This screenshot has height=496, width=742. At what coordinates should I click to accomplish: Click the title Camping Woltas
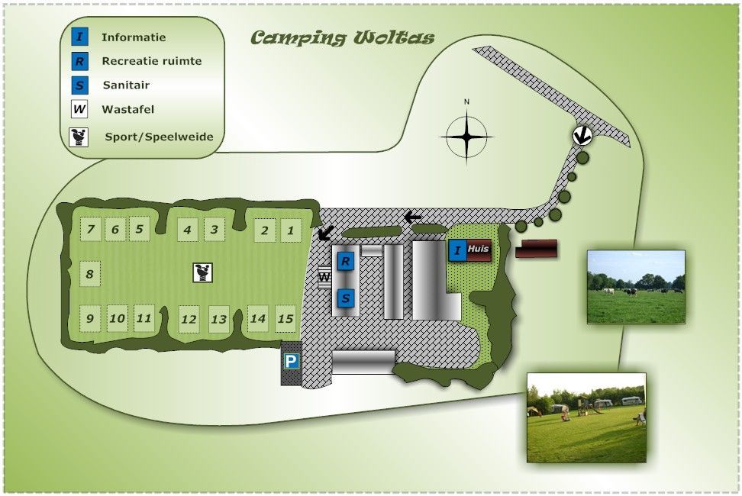pyautogui.click(x=342, y=38)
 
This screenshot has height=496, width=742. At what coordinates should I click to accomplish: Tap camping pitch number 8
pyautogui.click(x=90, y=274)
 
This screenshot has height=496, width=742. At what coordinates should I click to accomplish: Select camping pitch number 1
pyautogui.click(x=289, y=230)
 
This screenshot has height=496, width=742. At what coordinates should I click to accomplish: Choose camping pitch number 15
pyautogui.click(x=286, y=318)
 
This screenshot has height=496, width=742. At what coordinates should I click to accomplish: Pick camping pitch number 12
pyautogui.click(x=189, y=320)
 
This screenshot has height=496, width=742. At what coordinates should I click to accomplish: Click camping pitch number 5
pyautogui.click(x=139, y=228)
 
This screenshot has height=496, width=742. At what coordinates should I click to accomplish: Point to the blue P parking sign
pyautogui.click(x=291, y=362)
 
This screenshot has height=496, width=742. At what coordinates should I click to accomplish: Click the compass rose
pyautogui.click(x=466, y=137)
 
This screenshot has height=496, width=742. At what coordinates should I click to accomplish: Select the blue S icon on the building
pyautogui.click(x=346, y=298)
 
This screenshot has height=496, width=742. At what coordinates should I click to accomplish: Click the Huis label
pyautogui.click(x=479, y=249)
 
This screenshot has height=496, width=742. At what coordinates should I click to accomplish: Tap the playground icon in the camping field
pyautogui.click(x=202, y=272)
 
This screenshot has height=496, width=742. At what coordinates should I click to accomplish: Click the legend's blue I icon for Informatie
pyautogui.click(x=79, y=37)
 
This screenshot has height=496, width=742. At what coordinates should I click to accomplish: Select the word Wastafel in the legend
pyautogui.click(x=127, y=109)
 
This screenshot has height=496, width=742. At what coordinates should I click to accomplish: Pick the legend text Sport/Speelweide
pyautogui.click(x=159, y=137)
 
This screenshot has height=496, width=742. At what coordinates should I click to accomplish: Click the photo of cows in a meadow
pyautogui.click(x=635, y=286)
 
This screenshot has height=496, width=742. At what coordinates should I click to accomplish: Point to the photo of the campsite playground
pyautogui.click(x=586, y=417)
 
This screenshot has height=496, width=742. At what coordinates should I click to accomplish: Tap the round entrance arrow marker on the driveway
pyautogui.click(x=582, y=136)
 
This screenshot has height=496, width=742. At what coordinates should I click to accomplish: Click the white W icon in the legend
pyautogui.click(x=79, y=109)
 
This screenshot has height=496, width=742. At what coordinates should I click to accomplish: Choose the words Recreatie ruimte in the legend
pyautogui.click(x=151, y=60)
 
